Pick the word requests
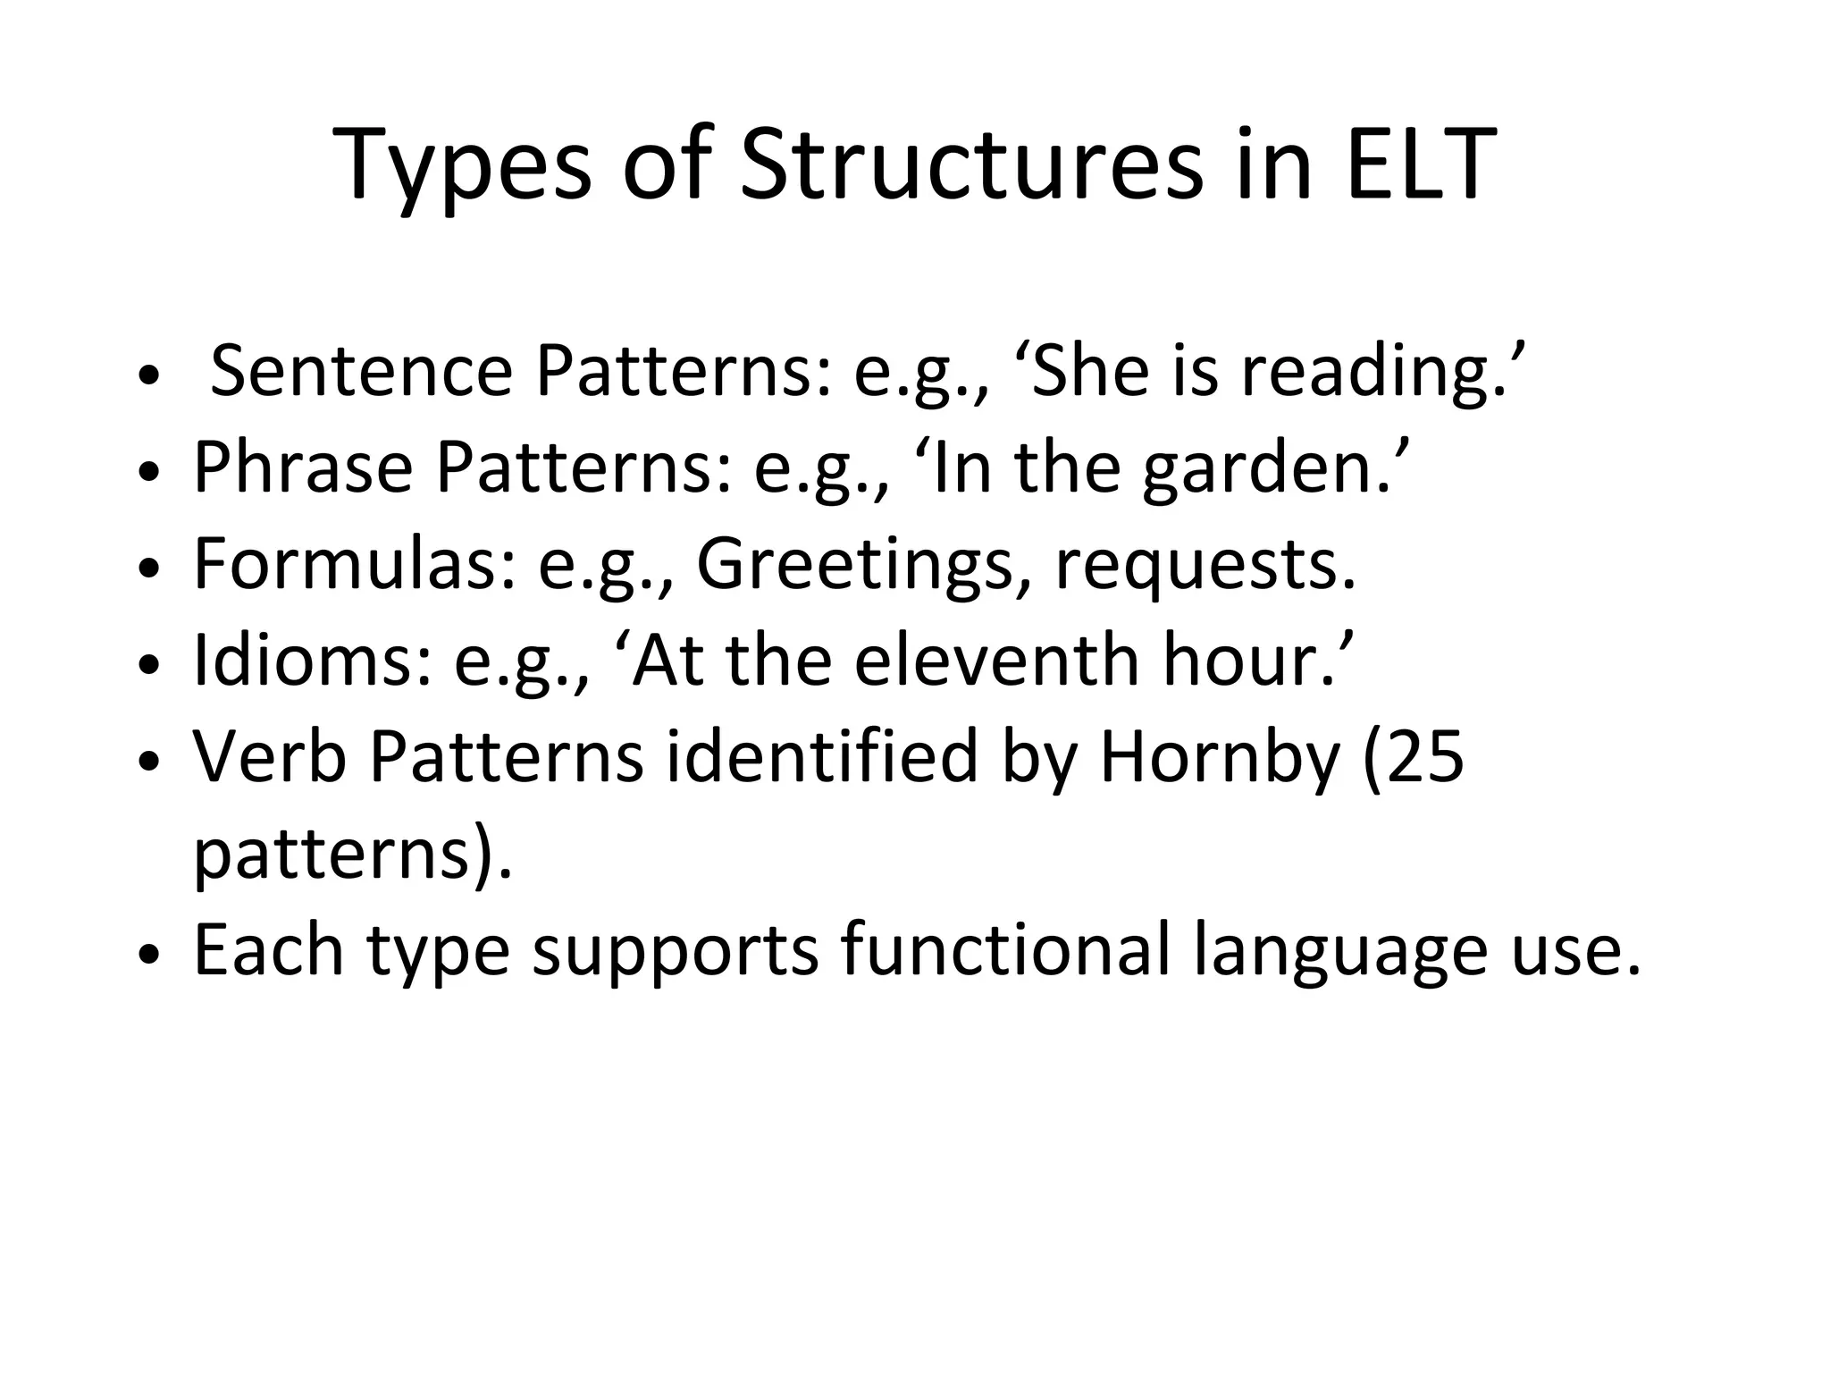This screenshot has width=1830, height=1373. coord(1205,566)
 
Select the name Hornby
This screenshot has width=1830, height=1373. coord(1220,757)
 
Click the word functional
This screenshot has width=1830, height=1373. coord(1005,950)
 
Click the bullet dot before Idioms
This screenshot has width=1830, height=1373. coord(149,665)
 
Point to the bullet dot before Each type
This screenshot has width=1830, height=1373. coord(149,955)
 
